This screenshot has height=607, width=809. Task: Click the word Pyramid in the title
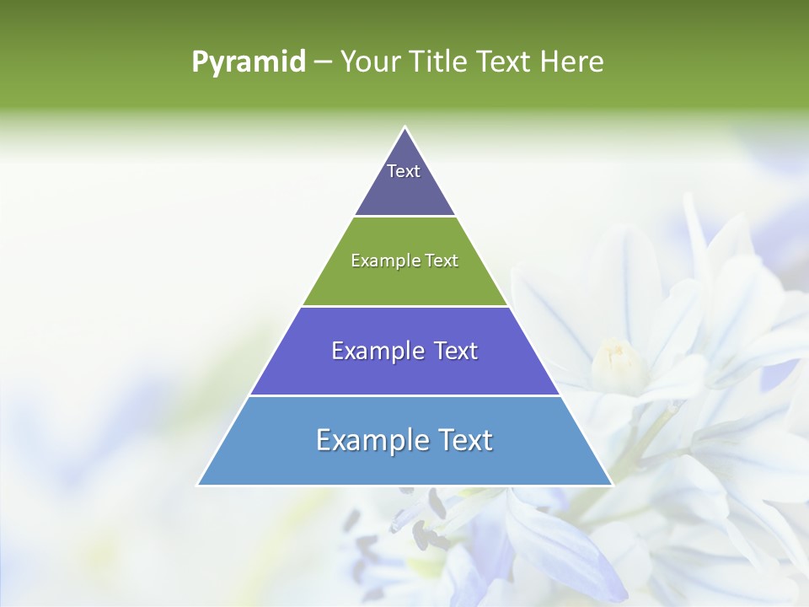pyautogui.click(x=248, y=62)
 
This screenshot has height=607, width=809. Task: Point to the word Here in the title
pyautogui.click(x=571, y=62)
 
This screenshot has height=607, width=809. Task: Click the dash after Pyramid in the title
pyautogui.click(x=323, y=62)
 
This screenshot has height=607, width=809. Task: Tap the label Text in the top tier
pyautogui.click(x=404, y=171)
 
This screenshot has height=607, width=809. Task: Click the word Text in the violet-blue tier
pyautogui.click(x=455, y=351)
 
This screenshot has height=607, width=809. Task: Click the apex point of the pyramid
pyautogui.click(x=404, y=128)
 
